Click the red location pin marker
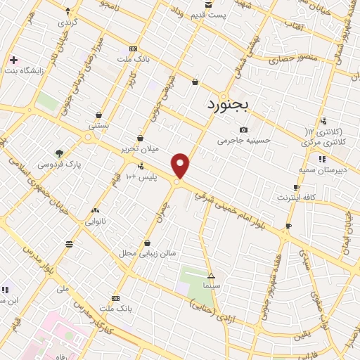(181, 165)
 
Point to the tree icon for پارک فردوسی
(60, 153)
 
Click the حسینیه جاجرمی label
(244, 141)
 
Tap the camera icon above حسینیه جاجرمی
(244, 130)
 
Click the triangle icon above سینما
(211, 276)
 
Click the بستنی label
(98, 125)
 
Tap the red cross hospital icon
(13, 60)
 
